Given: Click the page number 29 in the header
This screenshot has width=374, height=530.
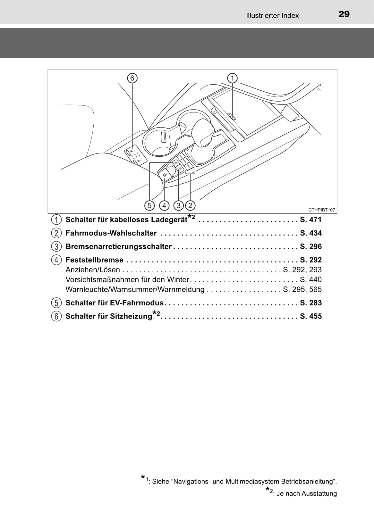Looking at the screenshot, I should (x=344, y=14).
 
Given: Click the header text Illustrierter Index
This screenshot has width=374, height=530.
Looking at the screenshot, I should (x=272, y=15).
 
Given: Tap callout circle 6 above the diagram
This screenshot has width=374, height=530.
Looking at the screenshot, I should (x=132, y=78).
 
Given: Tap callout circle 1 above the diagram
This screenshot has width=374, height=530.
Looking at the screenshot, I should (x=232, y=78).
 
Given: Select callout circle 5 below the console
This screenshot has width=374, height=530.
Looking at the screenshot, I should (x=149, y=205).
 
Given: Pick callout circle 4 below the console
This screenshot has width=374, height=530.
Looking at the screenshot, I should (x=164, y=205).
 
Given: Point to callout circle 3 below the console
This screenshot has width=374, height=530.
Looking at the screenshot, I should (x=178, y=205).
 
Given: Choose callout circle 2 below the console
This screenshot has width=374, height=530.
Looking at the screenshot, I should (x=190, y=205).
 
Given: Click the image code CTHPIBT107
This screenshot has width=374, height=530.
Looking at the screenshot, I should (x=322, y=210).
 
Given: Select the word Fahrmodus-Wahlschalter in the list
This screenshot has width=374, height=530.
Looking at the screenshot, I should (x=111, y=233).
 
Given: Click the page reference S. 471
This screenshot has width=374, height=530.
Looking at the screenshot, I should (x=311, y=220).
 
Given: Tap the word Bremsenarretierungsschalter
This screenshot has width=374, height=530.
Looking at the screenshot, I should (x=119, y=247).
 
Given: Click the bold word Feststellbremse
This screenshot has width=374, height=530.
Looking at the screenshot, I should (x=94, y=260).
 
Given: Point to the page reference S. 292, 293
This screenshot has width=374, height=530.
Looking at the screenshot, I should (x=302, y=270).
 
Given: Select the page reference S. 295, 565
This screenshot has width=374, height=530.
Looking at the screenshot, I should (x=302, y=289).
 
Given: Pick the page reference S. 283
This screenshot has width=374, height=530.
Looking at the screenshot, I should (x=311, y=303).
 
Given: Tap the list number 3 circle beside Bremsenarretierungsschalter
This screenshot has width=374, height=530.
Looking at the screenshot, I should (x=56, y=247).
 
